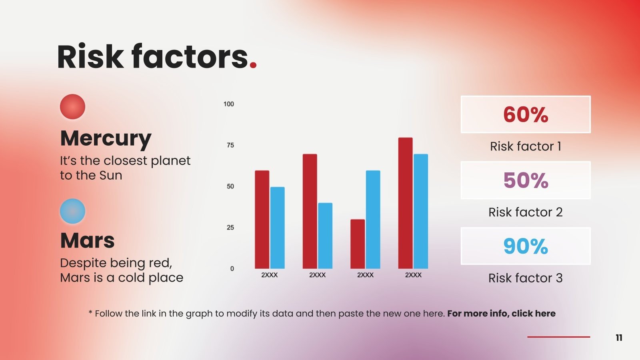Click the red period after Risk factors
(x=253, y=65)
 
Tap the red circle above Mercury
(x=72, y=107)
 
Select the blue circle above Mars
(x=72, y=211)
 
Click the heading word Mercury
(x=106, y=138)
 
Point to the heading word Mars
(x=87, y=241)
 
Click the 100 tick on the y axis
(x=228, y=104)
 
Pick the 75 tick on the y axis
(x=230, y=145)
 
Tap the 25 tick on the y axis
(x=230, y=228)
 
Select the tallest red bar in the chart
(x=405, y=203)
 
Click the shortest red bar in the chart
(x=357, y=244)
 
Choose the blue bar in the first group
(x=277, y=228)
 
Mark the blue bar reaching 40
(x=325, y=236)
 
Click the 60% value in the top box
(x=525, y=115)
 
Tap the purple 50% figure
(x=525, y=180)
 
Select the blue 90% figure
(x=525, y=246)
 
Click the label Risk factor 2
(x=525, y=212)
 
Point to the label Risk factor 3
(x=525, y=278)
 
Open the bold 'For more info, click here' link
(x=501, y=314)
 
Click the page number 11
(x=619, y=338)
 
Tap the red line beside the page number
(x=558, y=337)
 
